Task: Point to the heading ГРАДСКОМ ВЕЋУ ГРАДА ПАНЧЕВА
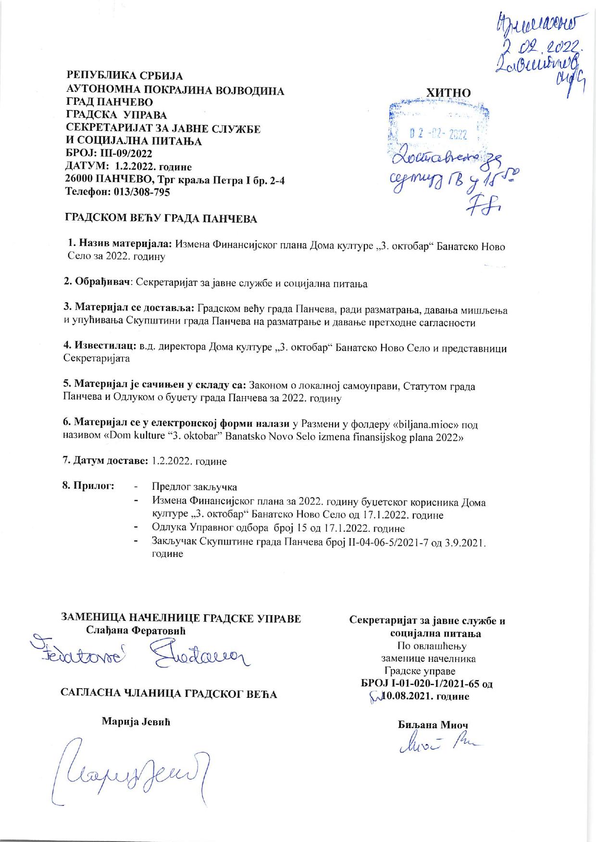[161, 219]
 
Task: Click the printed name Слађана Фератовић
[135, 630]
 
